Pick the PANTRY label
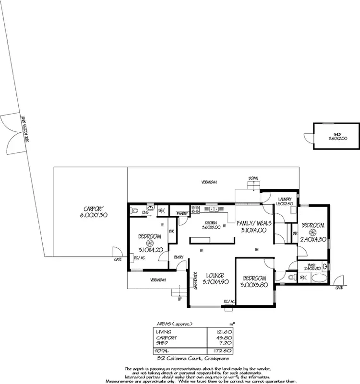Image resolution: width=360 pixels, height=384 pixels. click(x=182, y=213)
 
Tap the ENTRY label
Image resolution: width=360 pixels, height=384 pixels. click(x=179, y=256)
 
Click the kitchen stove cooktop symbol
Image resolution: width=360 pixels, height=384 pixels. click(x=195, y=209)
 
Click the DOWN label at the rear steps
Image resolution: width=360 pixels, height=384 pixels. click(x=253, y=178)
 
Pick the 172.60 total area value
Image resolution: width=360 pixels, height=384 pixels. click(x=218, y=351)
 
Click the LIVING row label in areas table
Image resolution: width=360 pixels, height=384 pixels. click(x=163, y=332)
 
